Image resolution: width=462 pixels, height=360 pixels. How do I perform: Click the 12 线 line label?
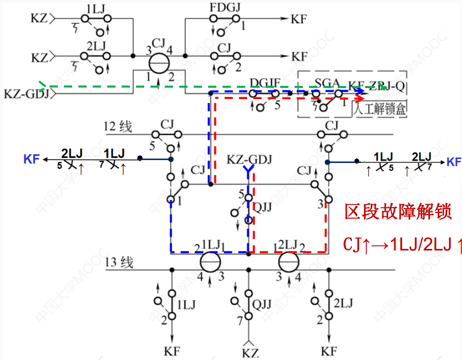click(x=118, y=127)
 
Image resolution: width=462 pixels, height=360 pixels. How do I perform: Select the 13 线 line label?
click(x=118, y=263)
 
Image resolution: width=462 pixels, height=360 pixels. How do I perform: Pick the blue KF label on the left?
click(x=31, y=160)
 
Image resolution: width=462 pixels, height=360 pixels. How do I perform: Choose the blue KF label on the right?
click(x=454, y=162)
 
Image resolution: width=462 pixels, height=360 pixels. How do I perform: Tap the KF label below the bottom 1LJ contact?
click(x=172, y=351)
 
